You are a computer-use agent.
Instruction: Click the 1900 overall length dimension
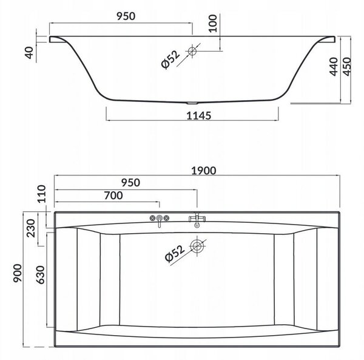tap(204, 171)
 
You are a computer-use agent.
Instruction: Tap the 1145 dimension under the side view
tap(199, 115)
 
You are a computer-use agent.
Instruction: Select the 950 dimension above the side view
tap(126, 16)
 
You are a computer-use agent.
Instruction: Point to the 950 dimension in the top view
tap(130, 183)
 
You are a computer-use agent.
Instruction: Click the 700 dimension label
tap(113, 195)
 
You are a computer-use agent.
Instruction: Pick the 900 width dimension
tap(18, 273)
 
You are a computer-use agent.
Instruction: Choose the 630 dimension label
tap(40, 275)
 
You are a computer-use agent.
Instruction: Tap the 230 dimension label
tap(31, 228)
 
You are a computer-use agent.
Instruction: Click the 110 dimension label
tap(42, 194)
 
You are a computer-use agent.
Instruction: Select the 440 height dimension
tap(334, 67)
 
